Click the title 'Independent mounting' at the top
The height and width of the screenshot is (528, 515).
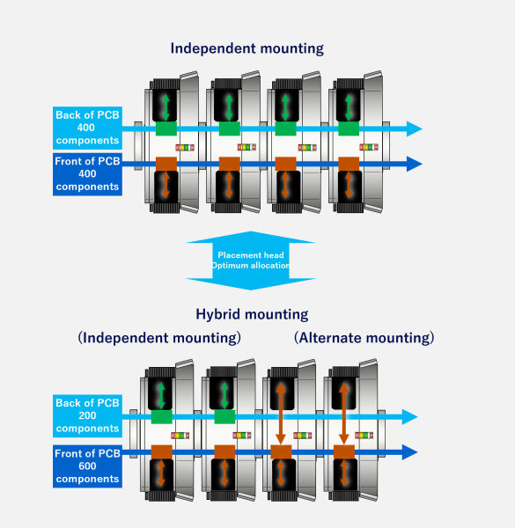tap(247, 48)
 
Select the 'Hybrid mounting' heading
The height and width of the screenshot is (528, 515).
tap(252, 313)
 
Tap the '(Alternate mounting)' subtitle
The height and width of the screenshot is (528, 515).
tap(364, 337)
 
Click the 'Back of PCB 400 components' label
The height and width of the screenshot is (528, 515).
tap(86, 128)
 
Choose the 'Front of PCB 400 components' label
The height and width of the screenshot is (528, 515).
tap(86, 173)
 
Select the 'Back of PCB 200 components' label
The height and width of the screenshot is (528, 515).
tap(86, 416)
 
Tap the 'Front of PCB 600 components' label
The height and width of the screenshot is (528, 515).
tap(86, 466)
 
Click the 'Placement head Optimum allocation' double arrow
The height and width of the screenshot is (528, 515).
tap(252, 260)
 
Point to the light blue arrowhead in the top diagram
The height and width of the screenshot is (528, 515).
tap(414, 128)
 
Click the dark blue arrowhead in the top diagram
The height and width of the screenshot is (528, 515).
tap(414, 164)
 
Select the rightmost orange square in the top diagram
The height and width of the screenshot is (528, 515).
tap(349, 164)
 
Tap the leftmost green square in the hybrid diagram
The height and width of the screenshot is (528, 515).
tap(161, 417)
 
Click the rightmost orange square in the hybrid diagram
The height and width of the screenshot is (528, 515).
tap(344, 452)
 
